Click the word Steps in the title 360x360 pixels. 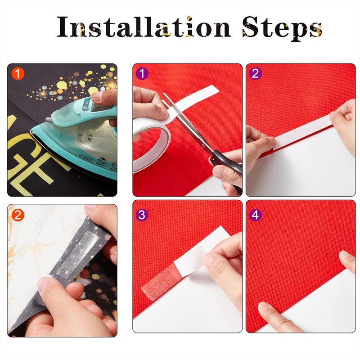[x=282, y=28]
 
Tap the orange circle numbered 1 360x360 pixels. [x=18, y=73]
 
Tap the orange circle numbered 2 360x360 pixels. [x=18, y=215]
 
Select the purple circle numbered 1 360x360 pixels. [x=142, y=73]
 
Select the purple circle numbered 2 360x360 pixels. [x=256, y=73]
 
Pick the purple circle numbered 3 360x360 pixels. [x=142, y=215]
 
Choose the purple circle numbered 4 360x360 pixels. [x=256, y=215]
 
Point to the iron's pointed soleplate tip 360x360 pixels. [x=33, y=131]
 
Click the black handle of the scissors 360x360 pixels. [x=225, y=162]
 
